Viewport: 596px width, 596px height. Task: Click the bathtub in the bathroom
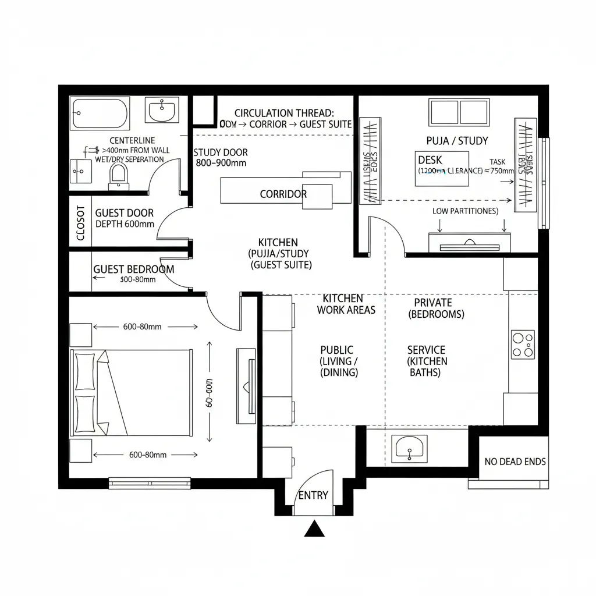coord(100,113)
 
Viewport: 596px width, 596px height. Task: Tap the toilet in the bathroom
coord(118,175)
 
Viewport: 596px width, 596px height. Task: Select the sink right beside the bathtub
coord(162,110)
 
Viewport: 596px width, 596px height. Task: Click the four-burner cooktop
coord(522,343)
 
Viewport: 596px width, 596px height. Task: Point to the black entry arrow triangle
coord(314,529)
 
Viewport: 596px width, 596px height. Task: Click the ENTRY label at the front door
coord(313,495)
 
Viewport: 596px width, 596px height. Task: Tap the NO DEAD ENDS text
coord(515,462)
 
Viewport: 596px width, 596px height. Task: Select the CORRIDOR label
coord(283,194)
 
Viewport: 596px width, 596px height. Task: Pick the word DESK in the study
coord(430,160)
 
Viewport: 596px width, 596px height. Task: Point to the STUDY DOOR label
coord(221,152)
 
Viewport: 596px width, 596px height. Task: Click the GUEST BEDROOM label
coord(133,269)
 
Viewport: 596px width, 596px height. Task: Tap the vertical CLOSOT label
coord(80,223)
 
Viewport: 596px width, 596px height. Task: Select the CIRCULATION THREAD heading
coord(284,113)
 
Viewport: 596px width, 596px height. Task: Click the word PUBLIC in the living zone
coord(336,350)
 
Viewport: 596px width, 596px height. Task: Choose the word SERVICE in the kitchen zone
coord(426,350)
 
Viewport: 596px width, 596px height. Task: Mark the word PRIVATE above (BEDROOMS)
coord(432,303)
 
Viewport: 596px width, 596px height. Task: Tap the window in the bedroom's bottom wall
coord(150,483)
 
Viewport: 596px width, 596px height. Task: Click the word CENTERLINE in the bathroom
coord(132,140)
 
